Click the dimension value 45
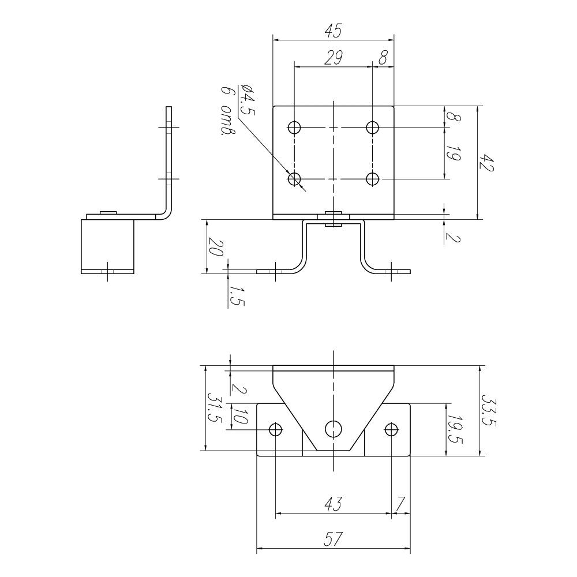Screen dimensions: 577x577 (334, 31)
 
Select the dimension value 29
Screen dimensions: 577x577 (334, 58)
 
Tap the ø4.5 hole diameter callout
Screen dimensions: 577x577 (246, 100)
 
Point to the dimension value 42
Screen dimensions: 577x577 (486, 162)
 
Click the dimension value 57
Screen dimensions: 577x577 (334, 539)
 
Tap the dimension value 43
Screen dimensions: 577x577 (334, 504)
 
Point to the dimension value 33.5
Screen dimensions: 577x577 (489, 411)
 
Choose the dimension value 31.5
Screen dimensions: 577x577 (215, 408)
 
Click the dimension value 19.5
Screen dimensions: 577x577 (455, 429)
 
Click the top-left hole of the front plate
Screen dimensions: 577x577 (294, 128)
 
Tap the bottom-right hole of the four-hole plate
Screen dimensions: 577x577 (373, 179)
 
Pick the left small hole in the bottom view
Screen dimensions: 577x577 (276, 429)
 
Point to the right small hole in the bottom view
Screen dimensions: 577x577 (391, 429)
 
